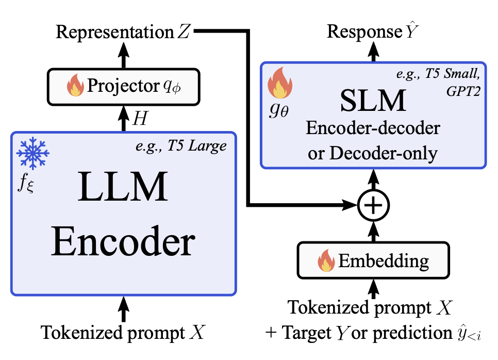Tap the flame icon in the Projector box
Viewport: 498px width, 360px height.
point(75,86)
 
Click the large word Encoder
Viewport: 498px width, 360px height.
point(123,243)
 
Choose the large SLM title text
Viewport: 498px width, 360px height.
point(373,102)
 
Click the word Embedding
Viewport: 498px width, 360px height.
point(383,261)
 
